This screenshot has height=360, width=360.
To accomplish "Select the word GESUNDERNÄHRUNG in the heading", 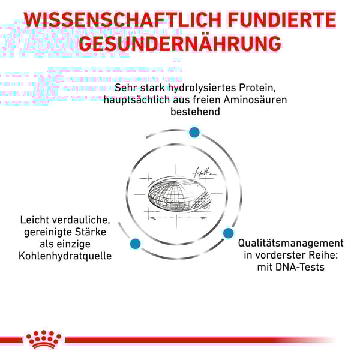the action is [x=180, y=43].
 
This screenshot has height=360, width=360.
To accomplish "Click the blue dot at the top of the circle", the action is [x=194, y=133].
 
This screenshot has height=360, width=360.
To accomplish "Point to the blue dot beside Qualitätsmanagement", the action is [x=228, y=233].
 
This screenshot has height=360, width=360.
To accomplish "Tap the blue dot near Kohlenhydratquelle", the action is [x=135, y=244].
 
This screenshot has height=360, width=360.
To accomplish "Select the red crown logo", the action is [x=44, y=339].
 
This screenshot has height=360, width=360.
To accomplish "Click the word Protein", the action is [x=257, y=88].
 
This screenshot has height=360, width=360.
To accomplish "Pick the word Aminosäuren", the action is [x=255, y=100].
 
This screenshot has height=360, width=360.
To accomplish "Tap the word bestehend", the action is [x=195, y=112].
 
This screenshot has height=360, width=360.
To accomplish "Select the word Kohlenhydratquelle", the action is [x=65, y=256].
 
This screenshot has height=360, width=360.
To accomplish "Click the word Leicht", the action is [x=35, y=220].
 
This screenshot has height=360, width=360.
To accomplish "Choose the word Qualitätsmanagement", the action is [x=290, y=244].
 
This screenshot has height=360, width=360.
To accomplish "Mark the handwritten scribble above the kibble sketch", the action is [x=205, y=173].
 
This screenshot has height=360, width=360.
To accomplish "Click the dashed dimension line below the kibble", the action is [x=177, y=218].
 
